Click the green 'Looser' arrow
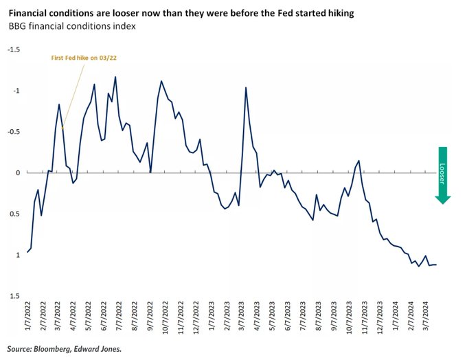(442, 175)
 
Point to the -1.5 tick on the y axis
(14, 49)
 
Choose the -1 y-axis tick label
(17, 91)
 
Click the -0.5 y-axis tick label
(14, 132)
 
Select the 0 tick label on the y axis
(19, 173)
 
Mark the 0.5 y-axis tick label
(16, 214)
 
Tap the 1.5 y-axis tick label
(16, 296)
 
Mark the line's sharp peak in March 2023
(246, 88)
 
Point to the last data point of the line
(436, 265)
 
